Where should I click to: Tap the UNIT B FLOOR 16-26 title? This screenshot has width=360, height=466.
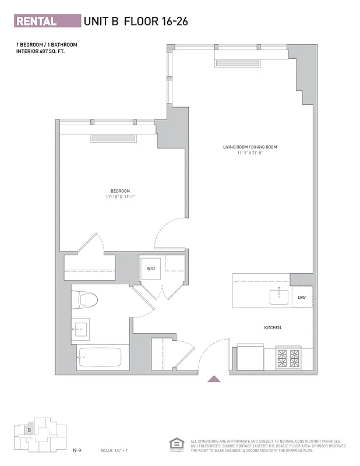pyautogui.click(x=136, y=22)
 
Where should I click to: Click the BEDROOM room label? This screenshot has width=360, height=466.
pyautogui.click(x=121, y=191)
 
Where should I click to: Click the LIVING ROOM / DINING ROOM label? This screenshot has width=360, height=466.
pyautogui.click(x=250, y=147)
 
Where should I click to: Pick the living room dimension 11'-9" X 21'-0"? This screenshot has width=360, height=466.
pyautogui.click(x=250, y=153)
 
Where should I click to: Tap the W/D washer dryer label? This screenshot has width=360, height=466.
pyautogui.click(x=151, y=269)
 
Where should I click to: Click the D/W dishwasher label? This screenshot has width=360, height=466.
pyautogui.click(x=302, y=298)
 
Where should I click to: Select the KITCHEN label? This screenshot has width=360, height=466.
pyautogui.click(x=273, y=328)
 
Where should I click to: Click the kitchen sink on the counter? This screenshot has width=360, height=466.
pyautogui.click(x=278, y=297)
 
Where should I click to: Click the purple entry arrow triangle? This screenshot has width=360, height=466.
pyautogui.click(x=214, y=379)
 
